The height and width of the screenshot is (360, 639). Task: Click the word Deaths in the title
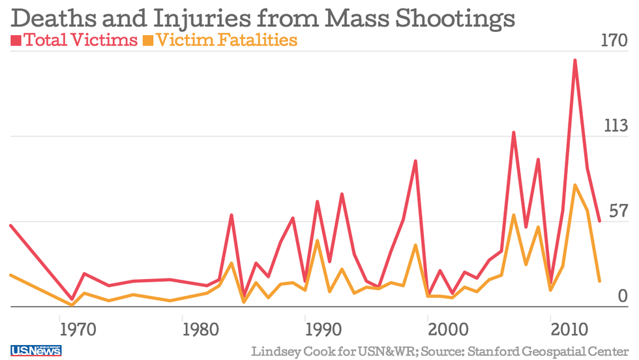[x=44, y=18]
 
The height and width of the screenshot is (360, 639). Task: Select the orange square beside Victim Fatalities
[x=148, y=41]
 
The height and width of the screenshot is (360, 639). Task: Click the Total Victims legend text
[x=80, y=40]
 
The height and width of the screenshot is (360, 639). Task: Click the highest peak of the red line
[x=575, y=60]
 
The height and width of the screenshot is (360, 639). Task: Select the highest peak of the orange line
[x=574, y=185]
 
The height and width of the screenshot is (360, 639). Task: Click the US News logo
[x=36, y=351]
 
